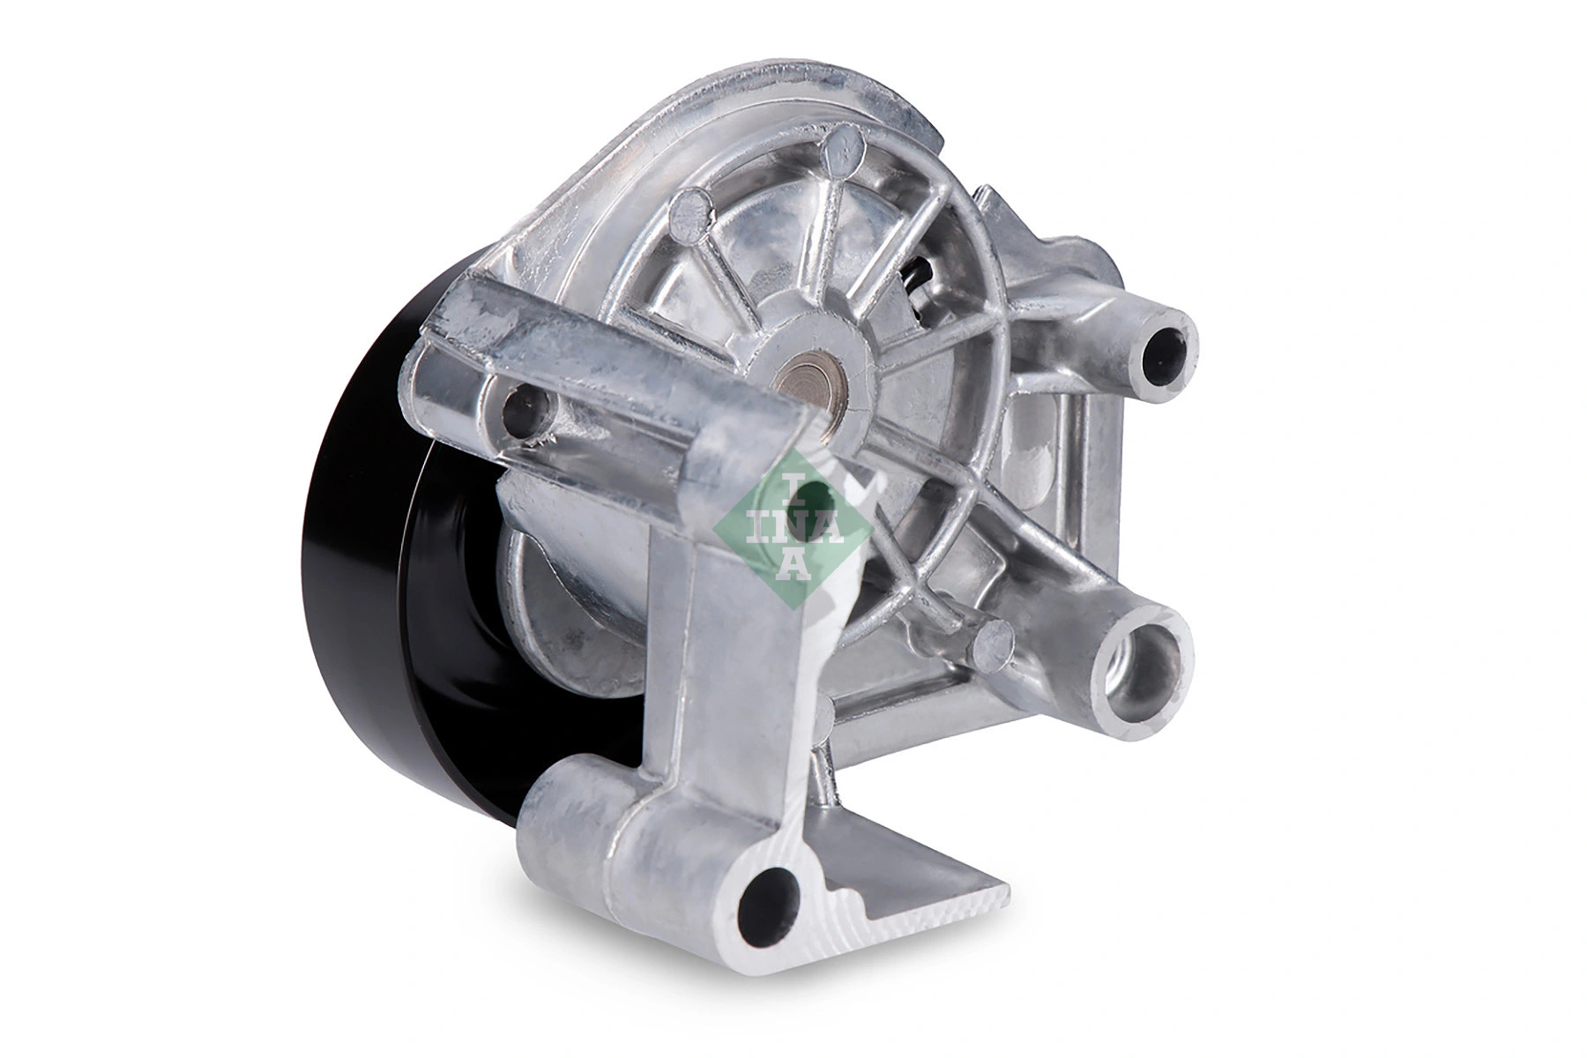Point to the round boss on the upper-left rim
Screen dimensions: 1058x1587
click(x=692, y=209)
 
